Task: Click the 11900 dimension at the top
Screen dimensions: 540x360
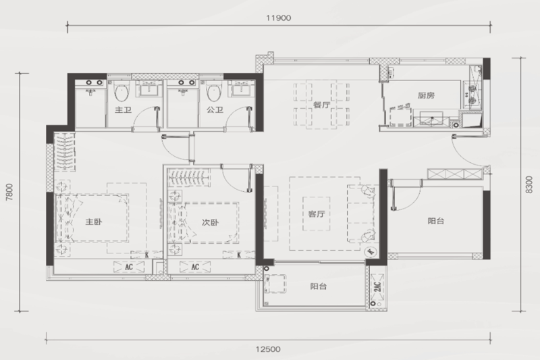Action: [279, 18]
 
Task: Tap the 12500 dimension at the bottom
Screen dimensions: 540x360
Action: [268, 349]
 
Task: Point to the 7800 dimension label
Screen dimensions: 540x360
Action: [9, 192]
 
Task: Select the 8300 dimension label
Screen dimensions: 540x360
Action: [529, 184]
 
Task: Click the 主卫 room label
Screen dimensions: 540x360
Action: [123, 110]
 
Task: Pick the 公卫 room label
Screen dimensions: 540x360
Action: [215, 110]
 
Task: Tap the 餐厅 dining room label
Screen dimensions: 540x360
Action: [321, 105]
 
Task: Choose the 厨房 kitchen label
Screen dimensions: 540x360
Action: [427, 95]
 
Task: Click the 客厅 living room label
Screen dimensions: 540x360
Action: [317, 214]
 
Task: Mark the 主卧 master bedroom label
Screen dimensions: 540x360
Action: [94, 222]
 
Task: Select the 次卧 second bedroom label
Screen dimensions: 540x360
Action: [210, 222]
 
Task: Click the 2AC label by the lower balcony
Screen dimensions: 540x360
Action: [377, 286]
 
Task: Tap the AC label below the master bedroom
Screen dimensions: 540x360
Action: [129, 267]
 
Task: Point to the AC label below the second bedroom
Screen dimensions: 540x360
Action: [195, 267]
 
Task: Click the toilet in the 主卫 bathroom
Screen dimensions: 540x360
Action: [122, 92]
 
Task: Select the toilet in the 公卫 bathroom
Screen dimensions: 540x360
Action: [213, 92]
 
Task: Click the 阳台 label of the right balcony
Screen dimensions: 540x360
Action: [436, 221]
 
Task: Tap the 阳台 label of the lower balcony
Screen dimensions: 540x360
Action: [318, 286]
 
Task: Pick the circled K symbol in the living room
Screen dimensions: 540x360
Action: [371, 252]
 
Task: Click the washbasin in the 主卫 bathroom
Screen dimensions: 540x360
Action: [149, 90]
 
